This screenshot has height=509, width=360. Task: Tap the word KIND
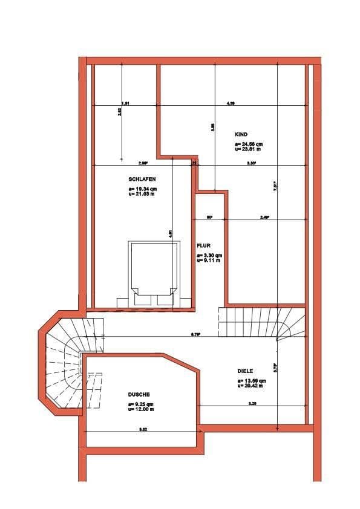pyautogui.click(x=241, y=134)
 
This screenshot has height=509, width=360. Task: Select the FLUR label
pyautogui.click(x=203, y=246)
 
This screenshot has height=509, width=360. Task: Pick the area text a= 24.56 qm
pyautogui.click(x=249, y=144)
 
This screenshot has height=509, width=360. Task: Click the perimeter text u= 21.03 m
pyautogui.click(x=142, y=193)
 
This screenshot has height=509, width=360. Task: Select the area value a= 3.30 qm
pyautogui.click(x=209, y=256)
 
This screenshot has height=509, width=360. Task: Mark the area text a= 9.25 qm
pyautogui.click(x=141, y=404)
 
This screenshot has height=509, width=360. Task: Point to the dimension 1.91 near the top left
pyautogui.click(x=125, y=103)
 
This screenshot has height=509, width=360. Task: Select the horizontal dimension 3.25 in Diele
pyautogui.click(x=252, y=403)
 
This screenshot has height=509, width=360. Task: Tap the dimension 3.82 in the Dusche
pyautogui.click(x=143, y=429)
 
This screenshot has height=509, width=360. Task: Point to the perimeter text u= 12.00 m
pyautogui.click(x=141, y=409)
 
